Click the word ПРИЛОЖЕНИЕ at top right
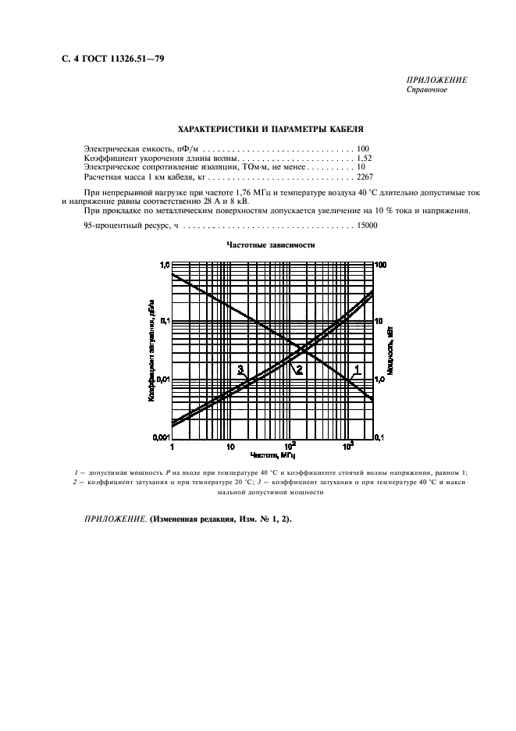437,80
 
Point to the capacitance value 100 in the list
363,148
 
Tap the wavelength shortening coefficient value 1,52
365,158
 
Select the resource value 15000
367,225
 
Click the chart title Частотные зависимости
270,244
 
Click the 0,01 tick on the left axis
161,379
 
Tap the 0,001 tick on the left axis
159,437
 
